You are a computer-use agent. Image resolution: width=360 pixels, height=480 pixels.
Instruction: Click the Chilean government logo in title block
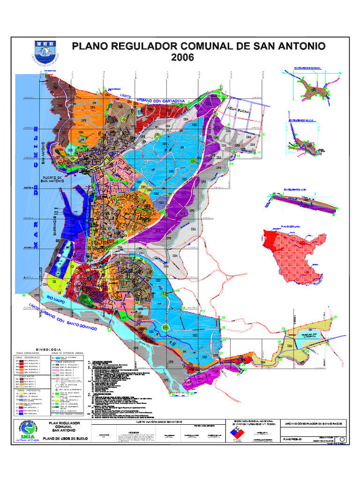pos(240,432)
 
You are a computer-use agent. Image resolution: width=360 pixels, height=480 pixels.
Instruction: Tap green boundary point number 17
pos(203,311)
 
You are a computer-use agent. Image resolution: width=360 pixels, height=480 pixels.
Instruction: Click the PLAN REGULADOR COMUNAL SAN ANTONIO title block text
pos(65,427)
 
